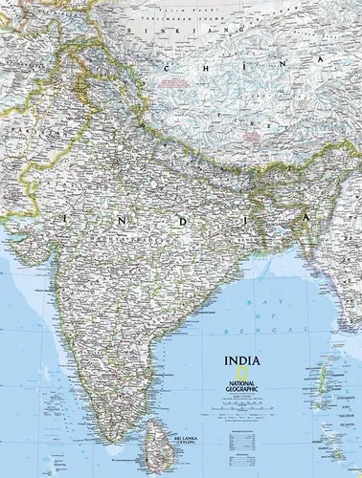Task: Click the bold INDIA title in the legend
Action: pyautogui.click(x=240, y=361)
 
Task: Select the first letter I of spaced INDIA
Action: pyautogui.click(x=65, y=219)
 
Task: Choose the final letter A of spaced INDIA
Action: pyautogui.click(x=308, y=219)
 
